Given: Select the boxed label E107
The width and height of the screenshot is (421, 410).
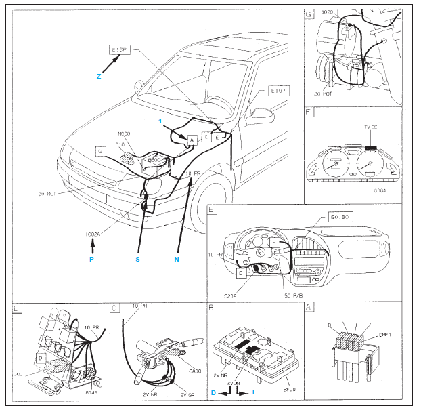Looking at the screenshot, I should click(279, 90).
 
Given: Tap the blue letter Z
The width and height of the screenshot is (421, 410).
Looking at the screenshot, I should click(99, 77).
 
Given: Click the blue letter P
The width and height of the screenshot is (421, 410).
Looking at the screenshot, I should click(93, 259).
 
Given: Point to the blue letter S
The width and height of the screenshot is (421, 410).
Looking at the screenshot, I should click(138, 259).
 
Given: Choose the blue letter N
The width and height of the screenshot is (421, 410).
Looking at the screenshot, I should click(177, 259).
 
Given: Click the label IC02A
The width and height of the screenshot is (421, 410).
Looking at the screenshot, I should click(93, 234).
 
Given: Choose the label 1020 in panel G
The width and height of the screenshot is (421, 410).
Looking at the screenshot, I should click(330, 12).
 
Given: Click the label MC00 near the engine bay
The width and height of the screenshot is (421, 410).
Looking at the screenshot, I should click(123, 134).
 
